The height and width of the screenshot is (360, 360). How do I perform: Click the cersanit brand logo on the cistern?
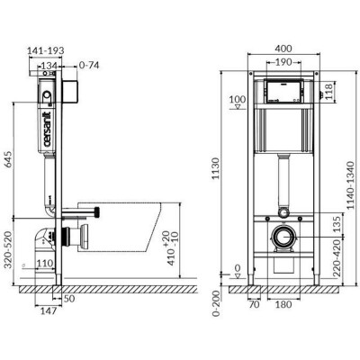[42, 127]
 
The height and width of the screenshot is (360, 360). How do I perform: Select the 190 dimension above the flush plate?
[283, 65]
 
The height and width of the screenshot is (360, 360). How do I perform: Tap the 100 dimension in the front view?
[238, 98]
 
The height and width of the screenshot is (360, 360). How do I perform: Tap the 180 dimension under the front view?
[284, 304]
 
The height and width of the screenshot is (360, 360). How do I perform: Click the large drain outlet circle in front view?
[284, 239]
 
